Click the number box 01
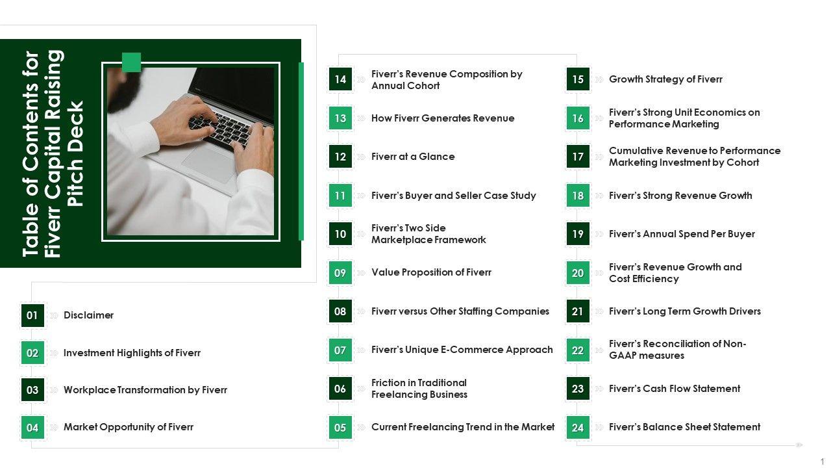(x=32, y=315)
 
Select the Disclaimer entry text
(x=89, y=315)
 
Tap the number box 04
(x=32, y=428)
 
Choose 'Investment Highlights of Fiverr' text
(x=132, y=353)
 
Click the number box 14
(x=340, y=79)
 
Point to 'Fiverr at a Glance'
(x=413, y=157)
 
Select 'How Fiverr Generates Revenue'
(x=443, y=118)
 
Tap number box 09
(x=340, y=273)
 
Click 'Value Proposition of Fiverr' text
(x=432, y=272)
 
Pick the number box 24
(x=578, y=428)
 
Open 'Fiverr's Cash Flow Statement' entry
(x=675, y=389)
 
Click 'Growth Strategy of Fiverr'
(x=666, y=79)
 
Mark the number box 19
(x=578, y=234)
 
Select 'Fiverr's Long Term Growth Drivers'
(x=685, y=311)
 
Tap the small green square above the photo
(x=131, y=62)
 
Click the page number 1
(x=822, y=461)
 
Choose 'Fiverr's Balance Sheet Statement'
(x=685, y=427)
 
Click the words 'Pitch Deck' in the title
(x=76, y=153)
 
